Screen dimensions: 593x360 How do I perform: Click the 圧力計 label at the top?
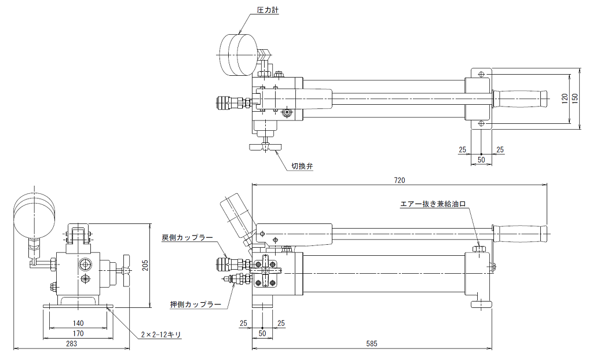click(268, 10)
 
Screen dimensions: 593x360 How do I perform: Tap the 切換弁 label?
click(302, 166)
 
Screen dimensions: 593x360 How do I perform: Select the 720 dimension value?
click(400, 181)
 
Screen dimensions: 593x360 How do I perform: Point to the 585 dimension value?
click(372, 344)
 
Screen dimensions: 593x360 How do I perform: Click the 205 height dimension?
click(145, 266)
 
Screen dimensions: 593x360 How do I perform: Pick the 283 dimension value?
click(71, 343)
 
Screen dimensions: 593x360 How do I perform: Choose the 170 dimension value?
click(78, 333)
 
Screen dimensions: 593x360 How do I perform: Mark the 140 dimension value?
click(78, 324)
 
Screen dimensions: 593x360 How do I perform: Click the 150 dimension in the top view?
click(575, 98)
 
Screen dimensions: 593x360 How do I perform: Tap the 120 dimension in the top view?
click(565, 98)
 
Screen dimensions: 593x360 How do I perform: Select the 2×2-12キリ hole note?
click(161, 335)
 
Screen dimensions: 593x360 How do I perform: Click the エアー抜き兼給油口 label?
click(433, 204)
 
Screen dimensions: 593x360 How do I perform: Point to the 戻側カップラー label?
click(187, 238)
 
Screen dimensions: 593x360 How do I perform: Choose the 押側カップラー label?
click(196, 304)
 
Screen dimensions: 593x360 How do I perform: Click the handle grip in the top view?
click(520, 99)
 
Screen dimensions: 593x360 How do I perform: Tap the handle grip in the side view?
click(519, 233)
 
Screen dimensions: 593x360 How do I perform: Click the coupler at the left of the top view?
click(233, 102)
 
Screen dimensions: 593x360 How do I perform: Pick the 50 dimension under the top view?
click(481, 160)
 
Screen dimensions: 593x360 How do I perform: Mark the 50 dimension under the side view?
click(262, 333)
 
